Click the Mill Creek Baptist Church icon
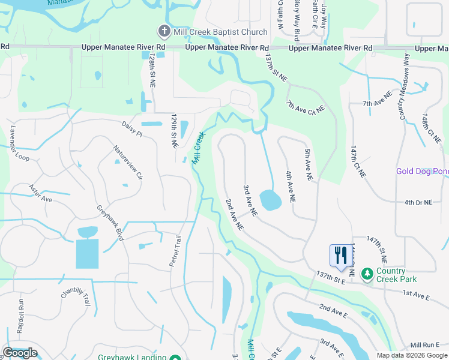click(x=163, y=31)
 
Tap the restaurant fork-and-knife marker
click(x=339, y=255)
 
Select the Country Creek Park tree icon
click(x=367, y=274)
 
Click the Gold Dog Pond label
click(x=422, y=171)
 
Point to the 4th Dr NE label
click(x=418, y=203)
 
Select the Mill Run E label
click(x=426, y=345)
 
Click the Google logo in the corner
click(x=20, y=353)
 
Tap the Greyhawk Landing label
click(x=132, y=358)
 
